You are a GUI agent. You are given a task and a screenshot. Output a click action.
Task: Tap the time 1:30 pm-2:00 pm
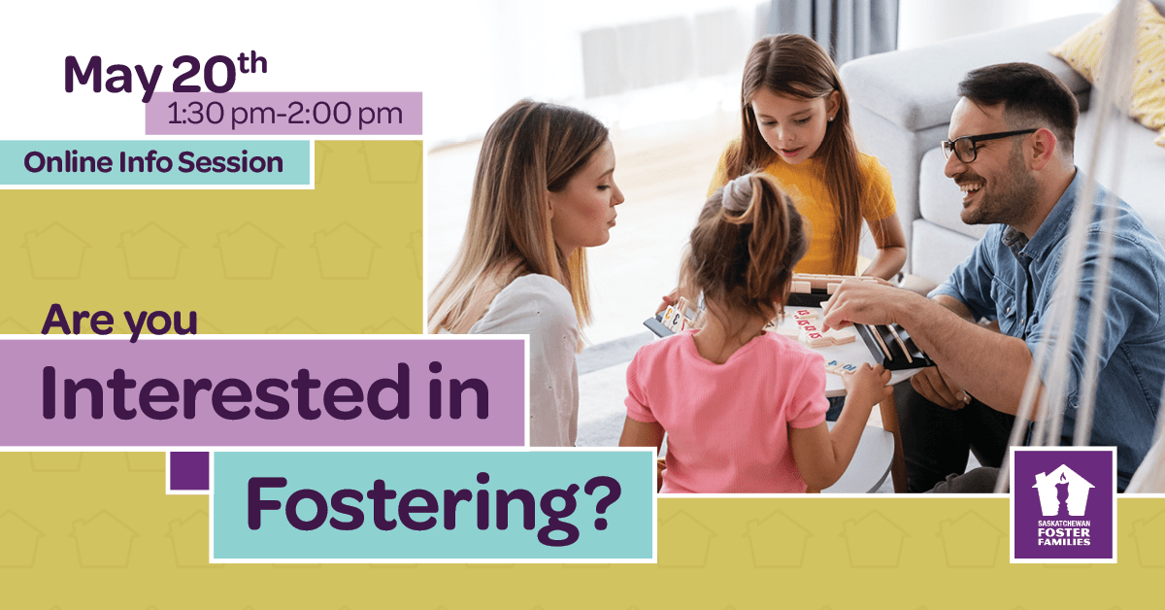(x=284, y=114)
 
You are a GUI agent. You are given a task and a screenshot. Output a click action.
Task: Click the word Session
(x=230, y=162)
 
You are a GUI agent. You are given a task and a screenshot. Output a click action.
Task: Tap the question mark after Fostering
(x=604, y=503)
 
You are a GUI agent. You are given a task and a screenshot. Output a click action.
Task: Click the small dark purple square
(x=189, y=470)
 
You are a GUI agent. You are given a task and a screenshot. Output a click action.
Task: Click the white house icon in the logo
(x=1062, y=491)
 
